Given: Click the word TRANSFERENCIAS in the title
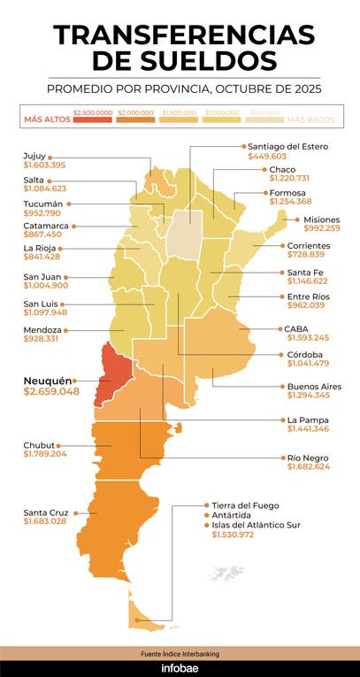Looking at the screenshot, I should [x=183, y=35].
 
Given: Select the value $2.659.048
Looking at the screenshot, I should [x=51, y=391].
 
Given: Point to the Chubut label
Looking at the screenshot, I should [x=40, y=444].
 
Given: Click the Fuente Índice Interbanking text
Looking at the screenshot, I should [x=180, y=653].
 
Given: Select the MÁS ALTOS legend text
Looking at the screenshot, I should [x=46, y=119].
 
